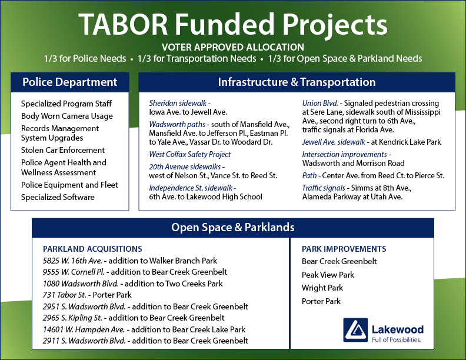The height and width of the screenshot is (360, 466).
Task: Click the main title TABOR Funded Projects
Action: coord(233,24)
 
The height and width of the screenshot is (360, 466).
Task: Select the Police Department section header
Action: coord(69,82)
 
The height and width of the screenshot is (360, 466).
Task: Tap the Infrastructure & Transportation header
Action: coord(297,82)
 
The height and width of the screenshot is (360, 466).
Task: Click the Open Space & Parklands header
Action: coord(233,228)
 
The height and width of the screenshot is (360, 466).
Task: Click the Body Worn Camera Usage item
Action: coord(67,116)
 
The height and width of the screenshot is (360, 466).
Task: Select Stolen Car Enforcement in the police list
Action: coord(63,150)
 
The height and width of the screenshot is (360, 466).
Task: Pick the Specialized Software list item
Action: coord(58,197)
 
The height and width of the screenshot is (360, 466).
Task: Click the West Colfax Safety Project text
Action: coord(190,154)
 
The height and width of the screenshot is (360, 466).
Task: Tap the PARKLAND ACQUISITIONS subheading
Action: coord(92,249)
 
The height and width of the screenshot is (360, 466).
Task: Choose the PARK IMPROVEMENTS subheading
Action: coord(344,249)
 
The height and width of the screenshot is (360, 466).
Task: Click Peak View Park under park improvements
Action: coord(328,275)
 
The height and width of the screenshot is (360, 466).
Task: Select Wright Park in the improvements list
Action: coord(322,288)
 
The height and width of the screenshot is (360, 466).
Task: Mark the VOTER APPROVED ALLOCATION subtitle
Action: coord(233,47)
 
